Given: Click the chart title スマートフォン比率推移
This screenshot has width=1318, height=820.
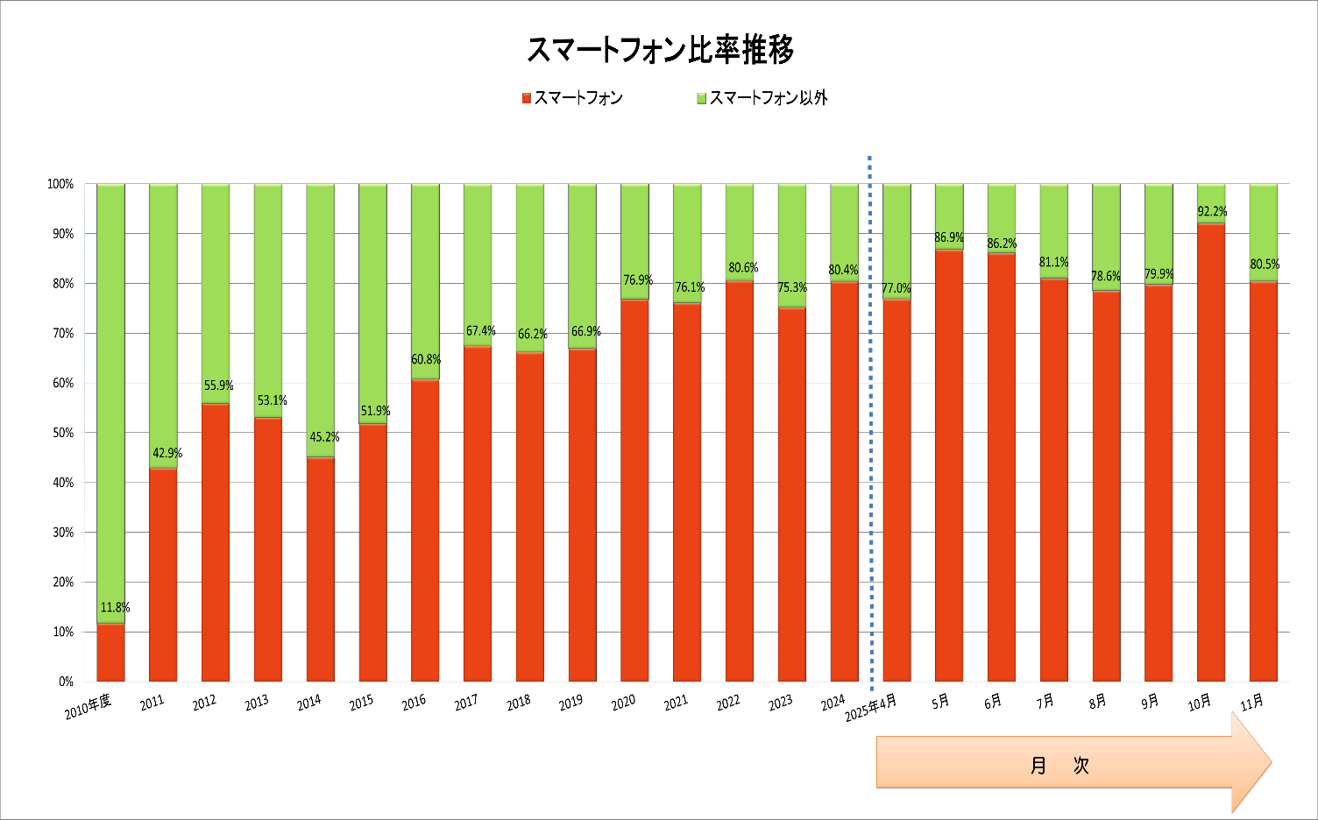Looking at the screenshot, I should pyautogui.click(x=659, y=50).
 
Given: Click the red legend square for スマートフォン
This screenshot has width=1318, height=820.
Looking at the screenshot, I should pyautogui.click(x=527, y=98).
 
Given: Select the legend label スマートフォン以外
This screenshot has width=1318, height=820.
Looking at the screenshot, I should pyautogui.click(x=768, y=98).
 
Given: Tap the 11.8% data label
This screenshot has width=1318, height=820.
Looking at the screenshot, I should pyautogui.click(x=115, y=607).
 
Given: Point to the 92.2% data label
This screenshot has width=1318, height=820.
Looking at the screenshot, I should pyautogui.click(x=1212, y=211).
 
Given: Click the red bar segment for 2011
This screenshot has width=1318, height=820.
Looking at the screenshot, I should pyautogui.click(x=163, y=575).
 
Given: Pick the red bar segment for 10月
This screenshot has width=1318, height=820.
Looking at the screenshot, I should pyautogui.click(x=1211, y=452).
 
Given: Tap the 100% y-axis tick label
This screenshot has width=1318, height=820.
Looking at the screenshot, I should pyautogui.click(x=60, y=184).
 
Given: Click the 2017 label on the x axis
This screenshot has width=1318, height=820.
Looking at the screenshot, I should pyautogui.click(x=466, y=703).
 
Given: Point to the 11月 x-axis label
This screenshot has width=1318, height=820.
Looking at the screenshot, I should pyautogui.click(x=1252, y=702).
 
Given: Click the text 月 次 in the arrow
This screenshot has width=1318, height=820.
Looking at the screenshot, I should pyautogui.click(x=1059, y=765).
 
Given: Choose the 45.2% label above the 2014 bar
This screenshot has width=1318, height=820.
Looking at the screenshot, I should pyautogui.click(x=324, y=437).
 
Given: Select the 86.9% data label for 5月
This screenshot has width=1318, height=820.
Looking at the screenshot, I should pyautogui.click(x=949, y=237).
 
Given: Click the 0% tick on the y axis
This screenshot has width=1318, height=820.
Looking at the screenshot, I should pyautogui.click(x=66, y=682).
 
